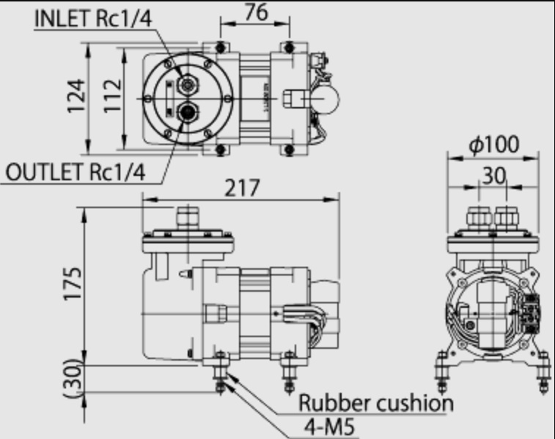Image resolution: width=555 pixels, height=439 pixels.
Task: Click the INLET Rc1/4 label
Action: pos(93,18)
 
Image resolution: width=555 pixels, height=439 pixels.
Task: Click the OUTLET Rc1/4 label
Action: pos(76,172)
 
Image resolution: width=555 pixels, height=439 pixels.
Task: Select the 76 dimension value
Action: pos(256,12)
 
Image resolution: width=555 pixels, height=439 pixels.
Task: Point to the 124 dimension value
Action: pos(76,96)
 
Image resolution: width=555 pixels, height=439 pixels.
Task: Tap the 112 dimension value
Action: pos(113,96)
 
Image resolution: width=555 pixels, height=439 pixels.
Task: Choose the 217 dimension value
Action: pos(243,188)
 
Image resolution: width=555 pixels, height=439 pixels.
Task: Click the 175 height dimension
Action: pos(73,284)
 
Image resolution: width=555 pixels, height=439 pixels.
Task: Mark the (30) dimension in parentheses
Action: pos(73,378)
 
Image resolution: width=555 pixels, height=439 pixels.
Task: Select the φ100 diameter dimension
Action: pos(493,144)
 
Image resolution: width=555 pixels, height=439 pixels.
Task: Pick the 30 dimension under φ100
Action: pos(493,175)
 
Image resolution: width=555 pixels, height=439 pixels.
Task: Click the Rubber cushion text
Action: pos(376,403)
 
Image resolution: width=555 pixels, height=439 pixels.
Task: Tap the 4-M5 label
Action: pos(329,427)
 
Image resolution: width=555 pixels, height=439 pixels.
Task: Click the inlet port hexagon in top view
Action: pos(188,84)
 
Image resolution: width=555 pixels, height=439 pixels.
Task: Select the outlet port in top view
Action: pos(188,112)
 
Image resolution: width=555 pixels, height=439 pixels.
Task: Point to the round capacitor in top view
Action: pos(323,100)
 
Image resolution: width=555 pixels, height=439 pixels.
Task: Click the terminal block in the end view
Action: pos(531,314)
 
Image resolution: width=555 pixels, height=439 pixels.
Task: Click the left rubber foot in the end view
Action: pos(442,372)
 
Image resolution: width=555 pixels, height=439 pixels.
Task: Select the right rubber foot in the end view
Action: pos(543,372)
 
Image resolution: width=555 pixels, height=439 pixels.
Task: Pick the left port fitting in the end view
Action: pos(479,217)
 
